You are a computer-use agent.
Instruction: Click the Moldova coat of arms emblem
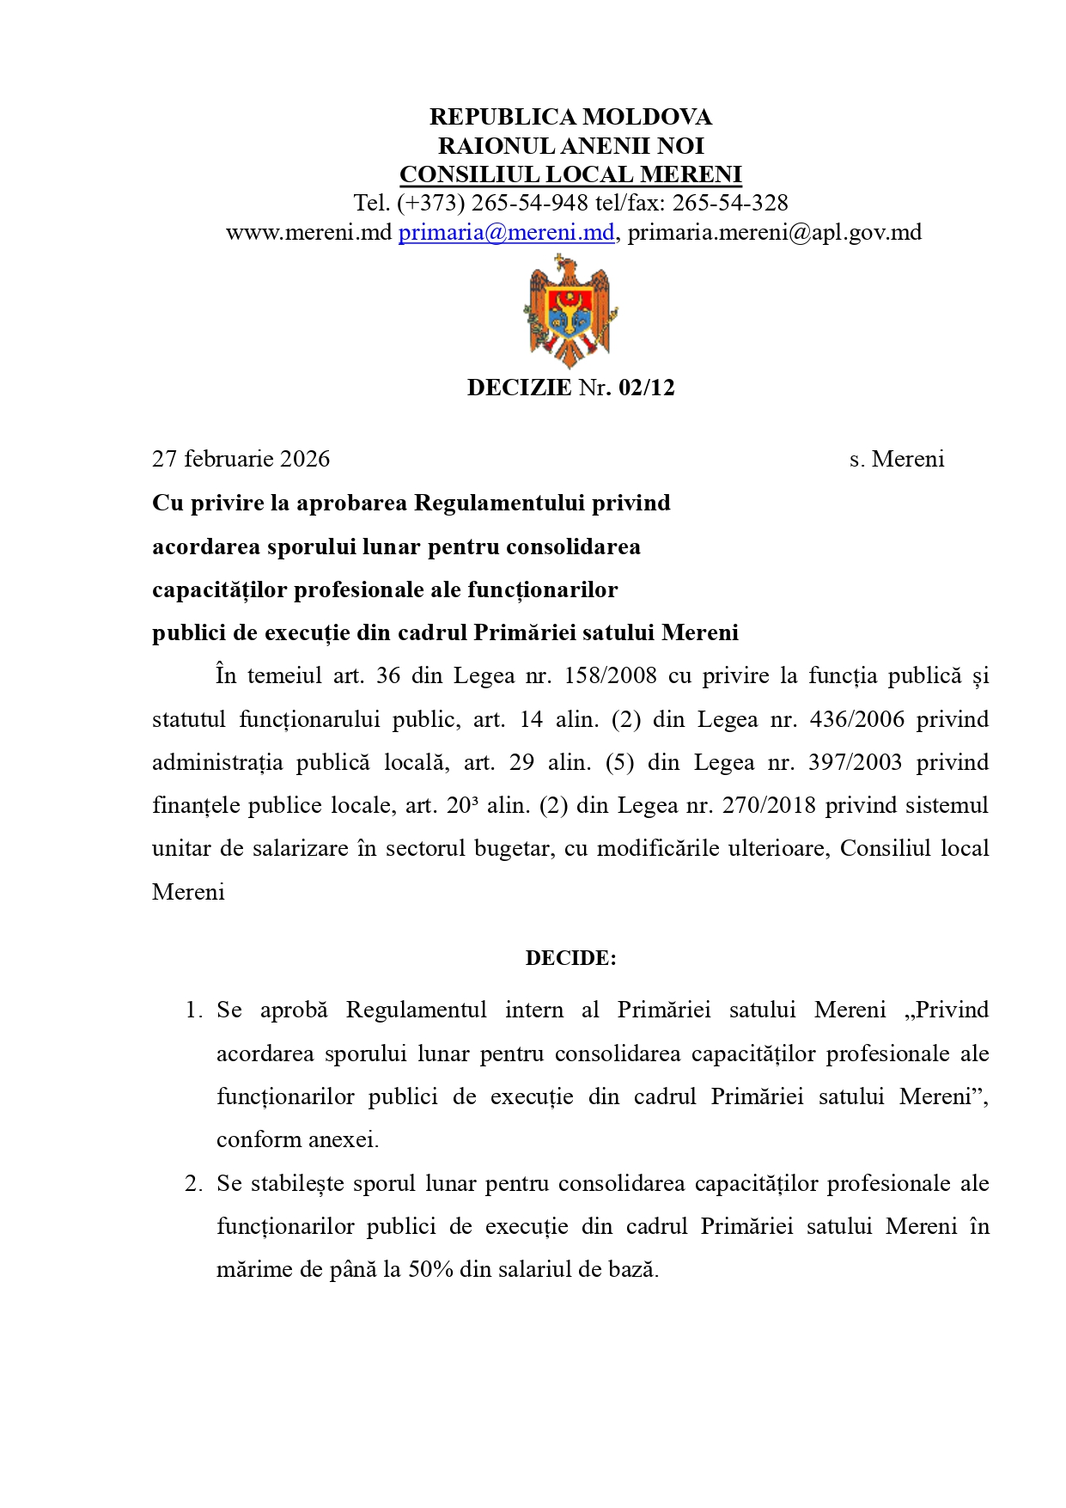click(x=570, y=313)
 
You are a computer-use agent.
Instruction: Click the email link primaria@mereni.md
click(x=506, y=232)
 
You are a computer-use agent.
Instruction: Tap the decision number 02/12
click(x=646, y=388)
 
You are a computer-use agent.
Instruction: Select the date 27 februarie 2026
click(x=241, y=459)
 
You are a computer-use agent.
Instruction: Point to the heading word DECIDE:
click(x=570, y=958)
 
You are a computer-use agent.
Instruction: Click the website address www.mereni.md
click(x=308, y=232)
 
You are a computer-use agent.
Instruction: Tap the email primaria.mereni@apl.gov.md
click(x=774, y=232)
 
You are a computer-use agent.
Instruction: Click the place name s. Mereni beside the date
click(x=897, y=459)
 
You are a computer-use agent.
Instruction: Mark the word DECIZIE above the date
click(x=519, y=388)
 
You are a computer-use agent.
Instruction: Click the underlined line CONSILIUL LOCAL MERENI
click(x=570, y=174)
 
